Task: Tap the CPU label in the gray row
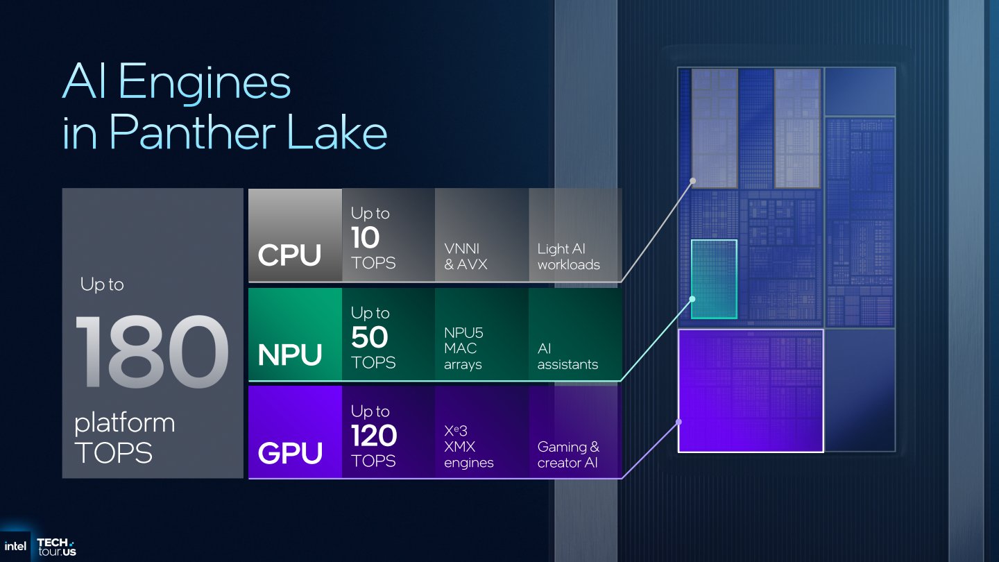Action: tap(289, 255)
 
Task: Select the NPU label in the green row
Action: tap(290, 355)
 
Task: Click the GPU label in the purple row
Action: tap(290, 453)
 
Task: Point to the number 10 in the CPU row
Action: tap(365, 238)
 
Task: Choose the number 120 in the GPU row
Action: tap(373, 436)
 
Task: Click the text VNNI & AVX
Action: tap(466, 256)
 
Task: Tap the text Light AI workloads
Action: tap(568, 256)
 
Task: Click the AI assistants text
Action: tap(567, 357)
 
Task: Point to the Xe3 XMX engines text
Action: tap(468, 447)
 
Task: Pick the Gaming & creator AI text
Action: tap(568, 454)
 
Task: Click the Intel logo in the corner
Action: tap(15, 546)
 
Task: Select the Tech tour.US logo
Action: tap(55, 547)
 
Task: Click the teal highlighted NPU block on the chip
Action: tap(714, 278)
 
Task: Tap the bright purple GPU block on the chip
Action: tap(750, 391)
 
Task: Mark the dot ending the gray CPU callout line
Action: tap(692, 181)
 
